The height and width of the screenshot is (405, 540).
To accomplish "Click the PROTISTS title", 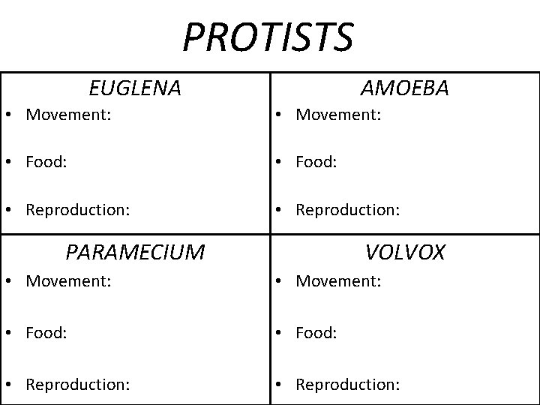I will (268, 37).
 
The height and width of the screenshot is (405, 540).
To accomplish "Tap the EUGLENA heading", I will (135, 88).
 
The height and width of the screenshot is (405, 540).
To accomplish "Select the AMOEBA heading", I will (405, 88).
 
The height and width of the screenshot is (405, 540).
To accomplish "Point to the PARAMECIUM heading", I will (135, 252).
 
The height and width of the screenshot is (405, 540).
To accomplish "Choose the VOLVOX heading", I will (405, 252).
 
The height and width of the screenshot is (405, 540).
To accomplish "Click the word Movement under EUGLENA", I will (68, 115).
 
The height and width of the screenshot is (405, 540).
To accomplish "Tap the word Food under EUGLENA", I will (46, 161).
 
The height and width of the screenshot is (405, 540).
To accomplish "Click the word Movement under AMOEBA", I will (338, 115).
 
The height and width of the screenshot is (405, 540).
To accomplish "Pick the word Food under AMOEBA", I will (316, 161).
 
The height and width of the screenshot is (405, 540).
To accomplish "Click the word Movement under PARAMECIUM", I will (68, 282).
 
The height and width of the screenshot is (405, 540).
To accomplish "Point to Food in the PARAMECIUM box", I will (46, 331).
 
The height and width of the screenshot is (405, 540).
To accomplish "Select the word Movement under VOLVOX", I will (338, 282).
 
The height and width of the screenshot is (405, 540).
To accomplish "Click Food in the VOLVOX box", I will (316, 331).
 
